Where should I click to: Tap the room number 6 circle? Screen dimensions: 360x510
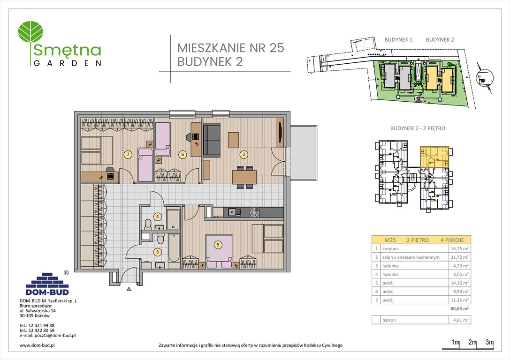pyautogui.click(x=183, y=154)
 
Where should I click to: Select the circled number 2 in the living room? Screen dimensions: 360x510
pyautogui.click(x=244, y=154)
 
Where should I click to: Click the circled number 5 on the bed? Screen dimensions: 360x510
pyautogui.click(x=218, y=244)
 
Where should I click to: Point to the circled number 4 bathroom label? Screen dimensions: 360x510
pyautogui.click(x=158, y=217)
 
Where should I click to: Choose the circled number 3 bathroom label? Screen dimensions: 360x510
pyautogui.click(x=158, y=252)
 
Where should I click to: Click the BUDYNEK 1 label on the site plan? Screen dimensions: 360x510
pyautogui.click(x=398, y=40)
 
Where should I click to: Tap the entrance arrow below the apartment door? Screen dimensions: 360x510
pyautogui.click(x=128, y=290)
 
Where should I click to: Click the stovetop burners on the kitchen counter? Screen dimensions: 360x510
pyautogui.click(x=254, y=212)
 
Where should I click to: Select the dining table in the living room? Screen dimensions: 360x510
pyautogui.click(x=244, y=177)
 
